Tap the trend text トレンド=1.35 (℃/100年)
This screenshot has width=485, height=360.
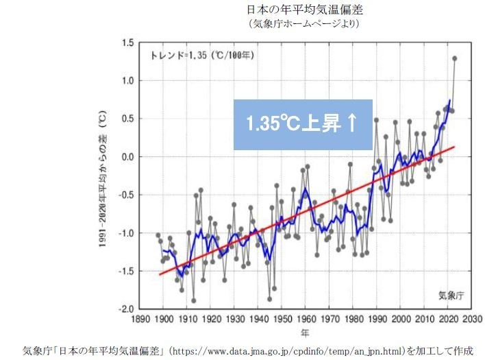(x=202, y=56)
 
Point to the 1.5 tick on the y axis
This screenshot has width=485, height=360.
(x=128, y=43)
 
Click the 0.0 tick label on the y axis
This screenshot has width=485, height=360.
(x=128, y=157)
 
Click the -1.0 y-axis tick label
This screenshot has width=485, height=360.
(x=126, y=233)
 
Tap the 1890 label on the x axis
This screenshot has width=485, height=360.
(x=142, y=320)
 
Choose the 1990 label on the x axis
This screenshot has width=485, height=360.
(x=373, y=320)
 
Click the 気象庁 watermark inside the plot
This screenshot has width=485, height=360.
(x=451, y=296)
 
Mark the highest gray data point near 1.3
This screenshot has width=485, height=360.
(x=454, y=58)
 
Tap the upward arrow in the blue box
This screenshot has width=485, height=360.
(x=351, y=124)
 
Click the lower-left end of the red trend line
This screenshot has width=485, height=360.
(x=160, y=274)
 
